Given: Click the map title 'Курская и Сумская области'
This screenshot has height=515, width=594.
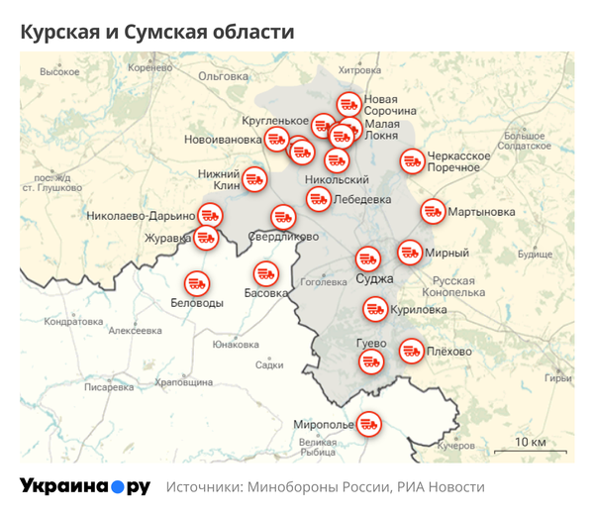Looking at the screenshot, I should tap(157, 32).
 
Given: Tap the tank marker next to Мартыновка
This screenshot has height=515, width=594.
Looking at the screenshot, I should tap(433, 211).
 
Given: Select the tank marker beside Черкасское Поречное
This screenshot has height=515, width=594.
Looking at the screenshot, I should tap(412, 160).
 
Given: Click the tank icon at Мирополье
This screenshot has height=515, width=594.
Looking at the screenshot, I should tap(368, 424).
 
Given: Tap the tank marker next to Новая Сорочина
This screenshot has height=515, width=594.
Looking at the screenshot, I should tap(348, 103).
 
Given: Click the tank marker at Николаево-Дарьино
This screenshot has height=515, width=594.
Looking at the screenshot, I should tap(210, 214).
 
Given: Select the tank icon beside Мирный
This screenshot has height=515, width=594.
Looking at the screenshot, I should tap(410, 253).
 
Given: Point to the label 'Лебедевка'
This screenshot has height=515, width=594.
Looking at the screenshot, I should tap(362, 199).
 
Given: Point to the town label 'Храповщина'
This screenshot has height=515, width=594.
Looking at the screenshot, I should tap(184, 382).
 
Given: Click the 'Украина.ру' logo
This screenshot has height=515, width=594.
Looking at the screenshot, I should tap(85, 486).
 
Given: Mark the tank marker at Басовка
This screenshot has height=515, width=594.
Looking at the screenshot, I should tap(265, 272).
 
